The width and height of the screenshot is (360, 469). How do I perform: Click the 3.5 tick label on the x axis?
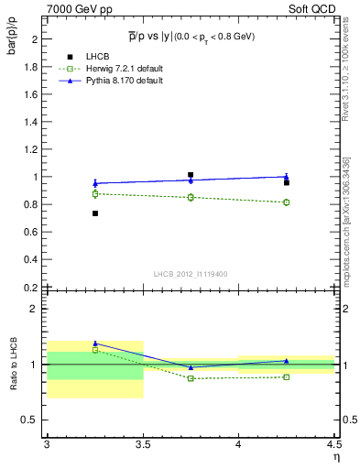pyautogui.click(x=142, y=445)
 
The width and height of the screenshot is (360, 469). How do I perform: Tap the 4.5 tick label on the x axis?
pyautogui.click(x=333, y=445)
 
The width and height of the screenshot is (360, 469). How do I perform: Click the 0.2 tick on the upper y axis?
pyautogui.click(x=32, y=288)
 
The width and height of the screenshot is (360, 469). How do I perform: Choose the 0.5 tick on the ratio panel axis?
pyautogui.click(x=32, y=420)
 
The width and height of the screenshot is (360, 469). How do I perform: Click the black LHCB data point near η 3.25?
pyautogui.click(x=94, y=213)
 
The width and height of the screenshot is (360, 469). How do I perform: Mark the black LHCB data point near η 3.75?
pyautogui.click(x=191, y=174)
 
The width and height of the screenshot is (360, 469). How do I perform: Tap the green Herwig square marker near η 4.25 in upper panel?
pyautogui.click(x=287, y=202)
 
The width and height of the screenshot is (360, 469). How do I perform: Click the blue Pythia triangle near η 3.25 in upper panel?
pyautogui.click(x=94, y=183)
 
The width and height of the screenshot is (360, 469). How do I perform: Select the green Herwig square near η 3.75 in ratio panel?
pyautogui.click(x=191, y=378)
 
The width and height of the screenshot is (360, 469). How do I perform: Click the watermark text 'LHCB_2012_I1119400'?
pyautogui.click(x=191, y=273)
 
